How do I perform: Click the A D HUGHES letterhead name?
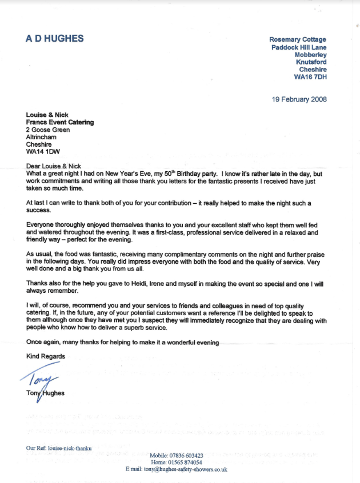(x=55, y=39)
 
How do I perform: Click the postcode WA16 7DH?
(x=310, y=77)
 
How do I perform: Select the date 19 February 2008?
(x=299, y=99)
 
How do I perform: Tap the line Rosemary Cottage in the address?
(x=298, y=39)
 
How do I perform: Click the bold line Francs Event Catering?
(x=60, y=122)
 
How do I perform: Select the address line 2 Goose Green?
(x=48, y=130)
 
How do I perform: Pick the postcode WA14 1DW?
(x=43, y=152)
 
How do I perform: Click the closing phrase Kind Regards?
(x=46, y=356)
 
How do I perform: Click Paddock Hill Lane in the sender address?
(x=299, y=47)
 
